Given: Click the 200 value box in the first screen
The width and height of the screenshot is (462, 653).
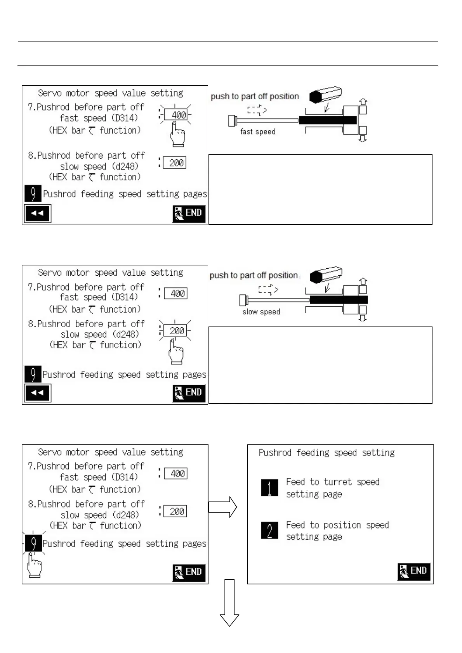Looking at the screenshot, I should coord(174,163).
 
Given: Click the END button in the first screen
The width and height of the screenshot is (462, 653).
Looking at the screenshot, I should coord(189,213).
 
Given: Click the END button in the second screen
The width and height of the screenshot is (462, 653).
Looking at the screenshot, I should coord(189,393).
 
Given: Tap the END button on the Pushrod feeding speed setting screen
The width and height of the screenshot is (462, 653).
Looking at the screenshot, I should coord(414,571).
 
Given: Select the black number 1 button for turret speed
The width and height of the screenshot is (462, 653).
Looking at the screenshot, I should coord(269,488).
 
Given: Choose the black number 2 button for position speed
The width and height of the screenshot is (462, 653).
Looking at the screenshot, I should coord(269,530).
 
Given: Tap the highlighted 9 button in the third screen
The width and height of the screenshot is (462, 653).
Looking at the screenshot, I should coord(33,543).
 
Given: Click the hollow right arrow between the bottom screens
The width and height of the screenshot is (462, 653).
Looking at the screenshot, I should coord(222,507).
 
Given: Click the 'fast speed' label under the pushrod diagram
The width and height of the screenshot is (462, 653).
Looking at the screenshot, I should coord(258,132).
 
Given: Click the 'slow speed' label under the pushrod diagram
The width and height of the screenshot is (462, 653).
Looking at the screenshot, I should coord(261,312).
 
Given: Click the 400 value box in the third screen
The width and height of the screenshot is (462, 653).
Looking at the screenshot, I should coord(176,473).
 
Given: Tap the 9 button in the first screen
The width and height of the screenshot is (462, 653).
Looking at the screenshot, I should coord(33,193).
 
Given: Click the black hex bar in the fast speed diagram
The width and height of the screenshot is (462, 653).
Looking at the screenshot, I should coord(328,120).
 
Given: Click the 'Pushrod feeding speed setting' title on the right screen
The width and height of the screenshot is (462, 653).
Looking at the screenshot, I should coord(327,453).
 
